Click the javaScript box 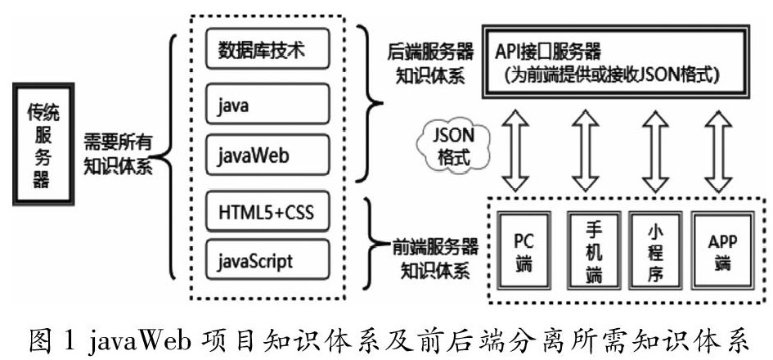(x=267, y=261)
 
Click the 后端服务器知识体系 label (x=429, y=64)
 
